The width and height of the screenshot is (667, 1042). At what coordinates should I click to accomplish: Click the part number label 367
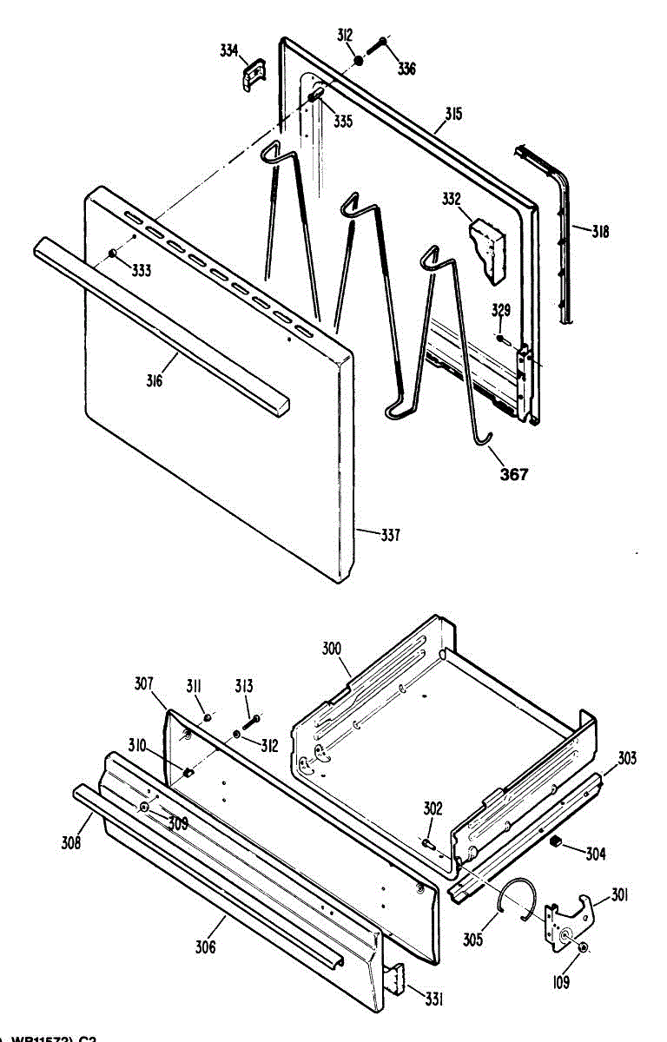(x=514, y=475)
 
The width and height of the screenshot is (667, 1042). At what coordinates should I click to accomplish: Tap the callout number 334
(x=229, y=51)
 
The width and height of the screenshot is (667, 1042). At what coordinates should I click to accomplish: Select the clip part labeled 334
(x=253, y=75)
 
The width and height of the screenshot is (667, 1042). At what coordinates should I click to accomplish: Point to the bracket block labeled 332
(x=488, y=249)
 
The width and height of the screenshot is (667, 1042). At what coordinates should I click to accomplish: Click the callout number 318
(x=600, y=232)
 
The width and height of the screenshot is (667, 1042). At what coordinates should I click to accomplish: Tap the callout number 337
(x=390, y=536)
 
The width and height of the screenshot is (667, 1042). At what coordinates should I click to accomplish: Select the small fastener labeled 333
(x=112, y=253)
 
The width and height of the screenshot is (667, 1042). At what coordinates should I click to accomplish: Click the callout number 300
(x=331, y=649)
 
